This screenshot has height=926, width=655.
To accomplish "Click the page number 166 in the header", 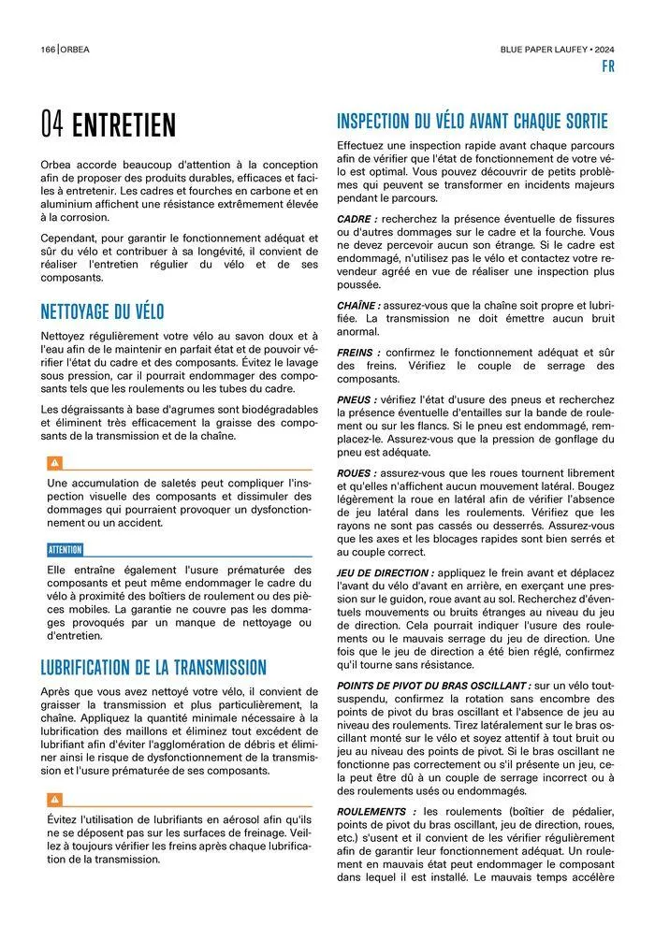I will [x=48, y=50].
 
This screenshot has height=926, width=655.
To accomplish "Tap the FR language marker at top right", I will [x=607, y=67].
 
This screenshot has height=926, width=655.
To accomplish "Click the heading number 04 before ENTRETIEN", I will [x=52, y=125].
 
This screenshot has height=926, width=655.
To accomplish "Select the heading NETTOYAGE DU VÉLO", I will [x=102, y=311].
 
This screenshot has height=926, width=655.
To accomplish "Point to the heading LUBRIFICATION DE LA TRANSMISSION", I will [x=153, y=667].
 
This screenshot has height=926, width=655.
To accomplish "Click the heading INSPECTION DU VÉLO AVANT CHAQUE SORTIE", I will [x=472, y=122].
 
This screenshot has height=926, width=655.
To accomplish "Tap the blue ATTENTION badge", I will [x=65, y=550].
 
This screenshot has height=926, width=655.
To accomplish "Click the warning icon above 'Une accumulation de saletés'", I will [x=54, y=462].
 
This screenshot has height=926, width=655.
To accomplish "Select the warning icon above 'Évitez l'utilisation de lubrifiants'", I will [x=54, y=799].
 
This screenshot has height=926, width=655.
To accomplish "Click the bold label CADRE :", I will [x=357, y=219].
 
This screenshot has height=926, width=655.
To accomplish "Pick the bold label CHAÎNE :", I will [x=359, y=305].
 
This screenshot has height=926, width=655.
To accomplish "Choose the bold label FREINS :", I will [x=357, y=353].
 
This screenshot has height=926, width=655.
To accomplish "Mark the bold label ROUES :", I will [x=357, y=474].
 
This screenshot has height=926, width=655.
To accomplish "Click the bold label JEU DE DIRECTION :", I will [x=386, y=572].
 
